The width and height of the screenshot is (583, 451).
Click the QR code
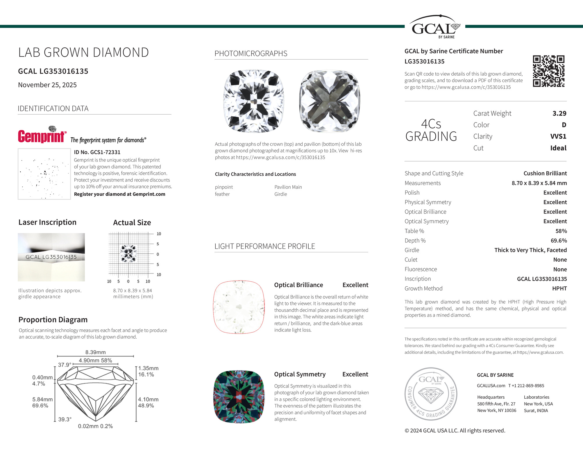click(548, 71)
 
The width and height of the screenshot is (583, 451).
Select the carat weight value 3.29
click(559, 113)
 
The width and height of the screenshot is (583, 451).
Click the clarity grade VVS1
click(558, 136)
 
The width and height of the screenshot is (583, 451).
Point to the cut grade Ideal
click(558, 148)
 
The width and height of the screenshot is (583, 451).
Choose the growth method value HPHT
click(559, 289)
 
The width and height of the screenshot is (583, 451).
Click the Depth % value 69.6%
click(559, 241)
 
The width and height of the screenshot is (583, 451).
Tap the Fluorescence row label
click(421, 269)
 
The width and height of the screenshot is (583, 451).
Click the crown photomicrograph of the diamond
click(253, 101)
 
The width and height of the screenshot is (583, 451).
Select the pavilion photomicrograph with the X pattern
click(330, 101)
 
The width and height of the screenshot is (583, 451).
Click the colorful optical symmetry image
click(239, 397)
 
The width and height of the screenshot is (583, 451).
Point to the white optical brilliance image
click(239, 307)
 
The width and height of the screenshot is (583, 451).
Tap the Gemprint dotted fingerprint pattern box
click(44, 174)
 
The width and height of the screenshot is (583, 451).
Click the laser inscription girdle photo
click(51, 257)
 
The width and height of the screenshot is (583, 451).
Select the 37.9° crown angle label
click(65, 365)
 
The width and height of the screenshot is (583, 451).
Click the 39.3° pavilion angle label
click(65, 420)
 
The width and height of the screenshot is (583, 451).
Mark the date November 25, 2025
click(47, 85)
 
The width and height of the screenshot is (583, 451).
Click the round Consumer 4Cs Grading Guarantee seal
click(431, 394)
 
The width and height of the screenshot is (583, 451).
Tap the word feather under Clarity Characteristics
click(222, 194)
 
